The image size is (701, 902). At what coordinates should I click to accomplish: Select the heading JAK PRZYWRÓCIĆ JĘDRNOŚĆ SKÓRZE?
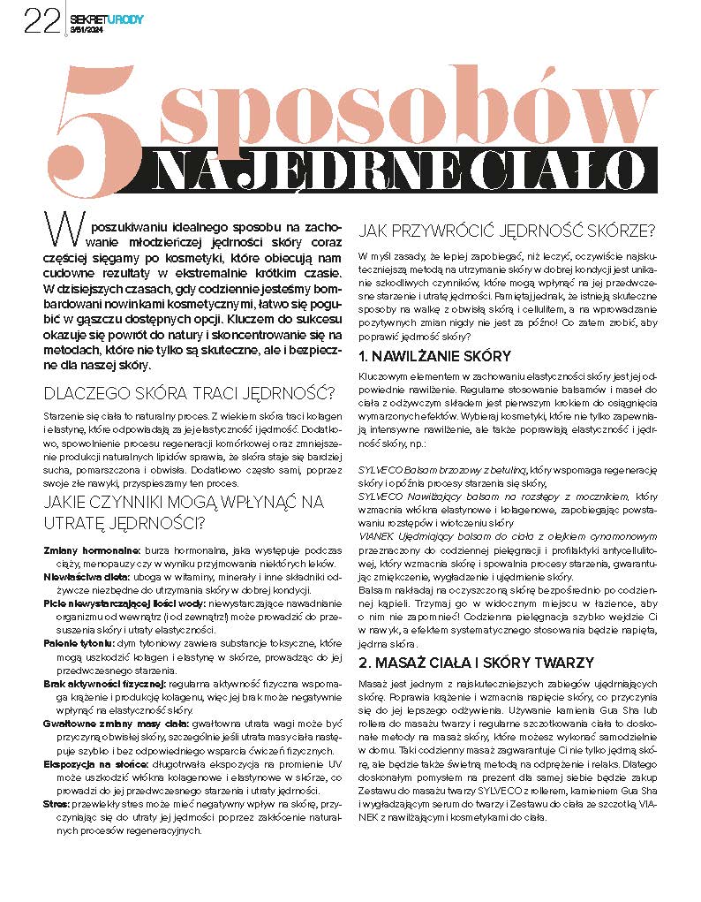[505, 232]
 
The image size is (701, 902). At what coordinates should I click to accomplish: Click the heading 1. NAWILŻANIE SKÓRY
[434, 356]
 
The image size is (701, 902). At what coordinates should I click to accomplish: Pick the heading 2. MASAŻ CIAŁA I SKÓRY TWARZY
[476, 663]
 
